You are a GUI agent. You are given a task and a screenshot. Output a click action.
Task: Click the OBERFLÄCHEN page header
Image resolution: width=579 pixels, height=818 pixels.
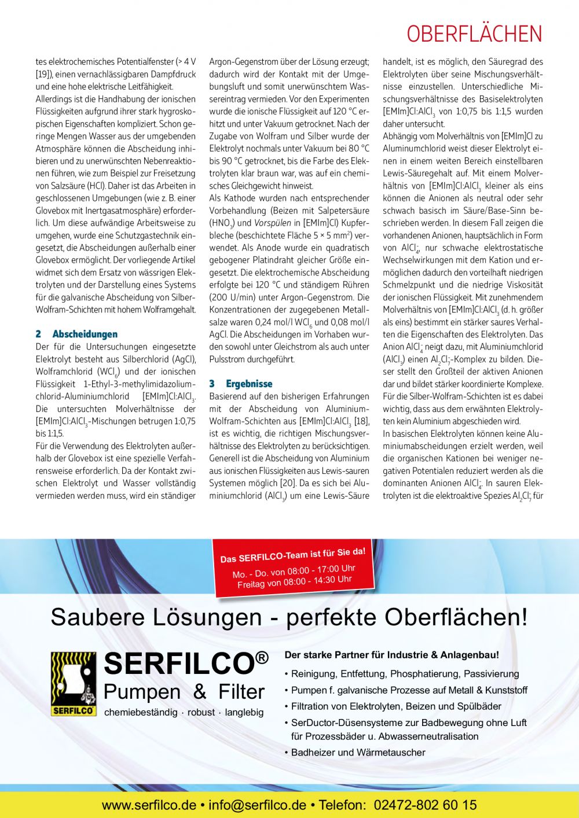click(474, 34)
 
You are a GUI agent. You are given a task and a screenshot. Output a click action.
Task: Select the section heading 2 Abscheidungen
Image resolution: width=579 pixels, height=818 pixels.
click(76, 334)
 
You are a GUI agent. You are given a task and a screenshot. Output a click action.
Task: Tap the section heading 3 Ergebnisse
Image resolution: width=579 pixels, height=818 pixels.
click(241, 384)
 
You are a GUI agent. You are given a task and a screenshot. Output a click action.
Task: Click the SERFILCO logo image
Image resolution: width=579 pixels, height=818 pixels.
click(73, 684)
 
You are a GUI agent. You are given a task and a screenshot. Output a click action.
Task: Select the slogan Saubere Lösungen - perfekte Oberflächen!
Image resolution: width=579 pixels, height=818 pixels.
click(289, 617)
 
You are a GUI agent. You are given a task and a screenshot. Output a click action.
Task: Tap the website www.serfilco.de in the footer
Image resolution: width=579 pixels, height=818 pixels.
click(149, 805)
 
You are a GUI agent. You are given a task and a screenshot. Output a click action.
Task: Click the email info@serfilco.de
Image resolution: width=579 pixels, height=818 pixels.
click(257, 805)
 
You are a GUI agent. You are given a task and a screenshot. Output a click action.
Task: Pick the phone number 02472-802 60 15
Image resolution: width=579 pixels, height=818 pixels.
click(426, 805)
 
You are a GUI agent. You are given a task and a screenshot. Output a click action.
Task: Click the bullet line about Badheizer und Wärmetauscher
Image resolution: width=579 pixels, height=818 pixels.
click(358, 753)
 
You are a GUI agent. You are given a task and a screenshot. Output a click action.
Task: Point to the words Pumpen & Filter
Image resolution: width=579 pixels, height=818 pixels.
click(184, 692)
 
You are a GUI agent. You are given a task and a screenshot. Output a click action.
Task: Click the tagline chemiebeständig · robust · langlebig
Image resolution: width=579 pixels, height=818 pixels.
click(184, 713)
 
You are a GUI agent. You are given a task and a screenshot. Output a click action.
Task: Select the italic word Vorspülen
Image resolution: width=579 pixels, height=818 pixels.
click(273, 223)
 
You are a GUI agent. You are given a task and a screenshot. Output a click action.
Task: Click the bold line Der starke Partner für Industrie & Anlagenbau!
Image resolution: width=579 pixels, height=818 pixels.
click(391, 655)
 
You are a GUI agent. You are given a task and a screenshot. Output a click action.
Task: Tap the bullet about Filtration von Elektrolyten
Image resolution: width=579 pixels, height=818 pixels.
click(396, 706)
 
